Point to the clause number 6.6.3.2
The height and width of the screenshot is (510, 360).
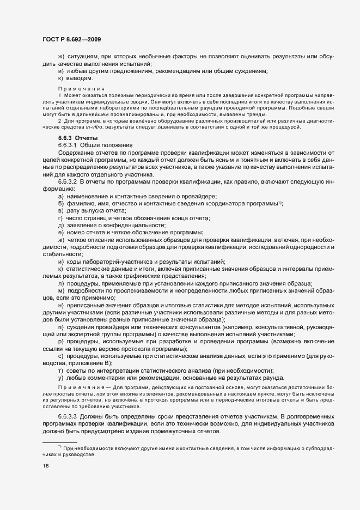68,180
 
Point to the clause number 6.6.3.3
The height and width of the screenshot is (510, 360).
68,415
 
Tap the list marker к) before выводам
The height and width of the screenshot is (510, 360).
60,78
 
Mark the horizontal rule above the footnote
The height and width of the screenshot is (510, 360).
60,442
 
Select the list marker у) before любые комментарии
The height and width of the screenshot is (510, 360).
60,378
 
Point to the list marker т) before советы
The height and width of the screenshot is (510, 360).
60,371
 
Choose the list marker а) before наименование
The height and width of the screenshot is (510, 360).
60,196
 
